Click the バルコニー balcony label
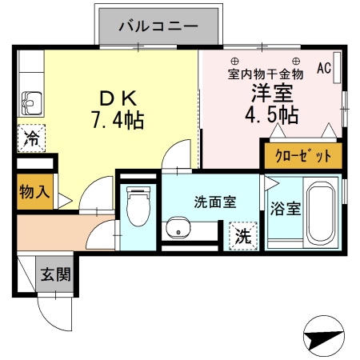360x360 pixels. coord(158,26)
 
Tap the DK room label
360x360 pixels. coord(119,98)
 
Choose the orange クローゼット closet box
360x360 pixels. coord(302,155)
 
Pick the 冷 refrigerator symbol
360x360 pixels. coord(31,138)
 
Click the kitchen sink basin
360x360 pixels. coord(33,102)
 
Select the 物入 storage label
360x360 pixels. coord(35,192)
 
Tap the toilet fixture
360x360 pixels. coord(139,205)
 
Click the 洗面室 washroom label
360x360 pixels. coord(214,202)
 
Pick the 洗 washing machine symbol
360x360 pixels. coord(242,237)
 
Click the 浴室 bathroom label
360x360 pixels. coord(285,210)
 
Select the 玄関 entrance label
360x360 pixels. coord(56,275)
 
